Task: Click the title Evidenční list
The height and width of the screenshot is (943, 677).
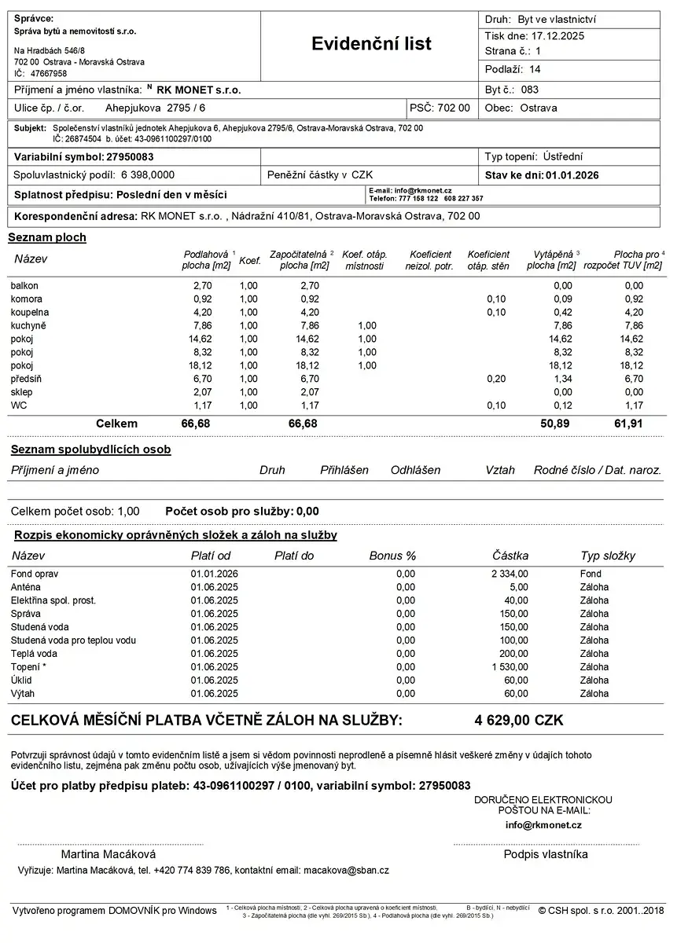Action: pyautogui.click(x=371, y=44)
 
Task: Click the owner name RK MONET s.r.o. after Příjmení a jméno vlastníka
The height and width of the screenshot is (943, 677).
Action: pyautogui.click(x=199, y=90)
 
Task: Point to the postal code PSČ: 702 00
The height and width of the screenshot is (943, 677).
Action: pyautogui.click(x=440, y=108)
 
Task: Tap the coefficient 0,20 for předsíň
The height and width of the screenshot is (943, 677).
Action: pyautogui.click(x=496, y=379)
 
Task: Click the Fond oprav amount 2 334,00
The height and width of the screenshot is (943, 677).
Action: pyautogui.click(x=510, y=574)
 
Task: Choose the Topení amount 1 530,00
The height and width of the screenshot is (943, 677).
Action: pyautogui.click(x=510, y=667)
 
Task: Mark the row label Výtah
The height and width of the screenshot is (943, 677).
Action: pyautogui.click(x=23, y=694)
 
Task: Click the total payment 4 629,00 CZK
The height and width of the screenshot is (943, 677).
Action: pyautogui.click(x=519, y=720)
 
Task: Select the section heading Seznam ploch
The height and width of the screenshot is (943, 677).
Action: pyautogui.click(x=47, y=237)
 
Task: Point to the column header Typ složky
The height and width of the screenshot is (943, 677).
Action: pyautogui.click(x=608, y=556)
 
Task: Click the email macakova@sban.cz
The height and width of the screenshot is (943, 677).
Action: pyautogui.click(x=346, y=871)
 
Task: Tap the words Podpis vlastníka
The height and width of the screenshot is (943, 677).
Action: pyautogui.click(x=546, y=854)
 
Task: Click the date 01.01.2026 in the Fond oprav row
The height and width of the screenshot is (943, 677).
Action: pyautogui.click(x=214, y=574)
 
